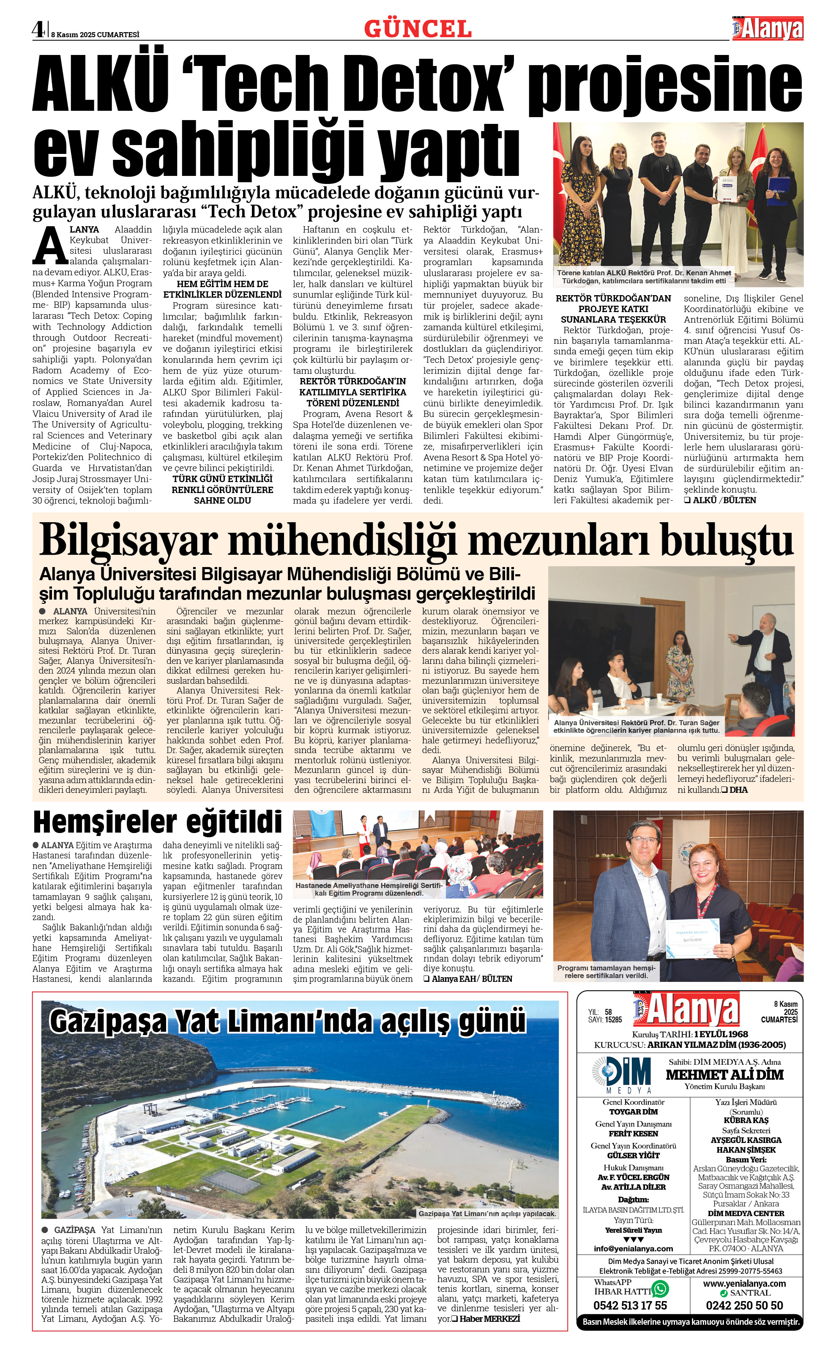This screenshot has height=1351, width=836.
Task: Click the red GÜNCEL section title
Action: [x=418, y=29]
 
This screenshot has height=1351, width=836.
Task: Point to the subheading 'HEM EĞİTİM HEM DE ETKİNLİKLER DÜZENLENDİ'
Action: [x=222, y=289]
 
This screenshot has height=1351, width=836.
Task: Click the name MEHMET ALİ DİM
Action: [x=724, y=1074]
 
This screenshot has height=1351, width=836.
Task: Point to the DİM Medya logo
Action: [x=620, y=1074]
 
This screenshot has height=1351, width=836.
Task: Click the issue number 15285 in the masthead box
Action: [x=613, y=1019]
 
